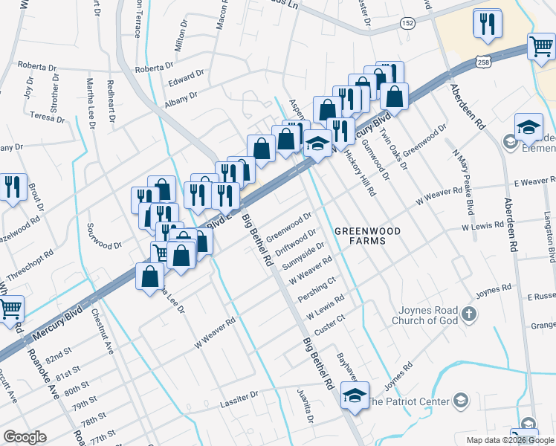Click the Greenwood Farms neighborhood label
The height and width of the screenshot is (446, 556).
(x=366, y=236)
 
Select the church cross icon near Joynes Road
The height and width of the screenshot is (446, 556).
(x=468, y=314)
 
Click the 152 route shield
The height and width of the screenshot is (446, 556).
(x=408, y=25)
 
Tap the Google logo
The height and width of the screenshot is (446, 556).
(x=25, y=437)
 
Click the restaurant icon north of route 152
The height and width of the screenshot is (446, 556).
(x=487, y=25)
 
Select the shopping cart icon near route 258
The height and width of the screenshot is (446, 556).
(x=542, y=47)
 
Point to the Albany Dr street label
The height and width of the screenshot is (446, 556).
(x=181, y=97)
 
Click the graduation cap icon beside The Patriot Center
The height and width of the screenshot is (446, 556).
(x=461, y=401)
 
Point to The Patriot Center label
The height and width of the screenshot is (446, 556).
(x=409, y=401)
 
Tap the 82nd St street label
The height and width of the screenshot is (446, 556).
(x=66, y=349)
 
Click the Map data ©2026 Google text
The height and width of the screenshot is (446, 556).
(x=509, y=440)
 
